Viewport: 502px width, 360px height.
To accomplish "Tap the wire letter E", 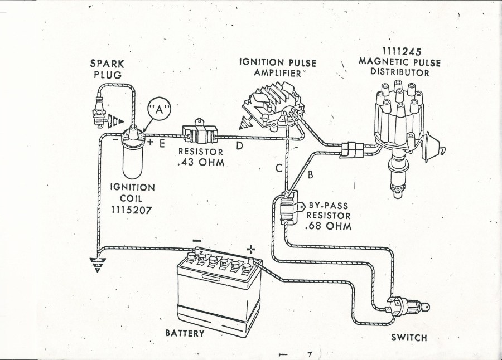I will (x=161, y=145).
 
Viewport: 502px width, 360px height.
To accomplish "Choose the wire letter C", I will (x=278, y=169).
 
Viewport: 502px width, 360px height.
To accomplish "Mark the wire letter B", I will (x=310, y=174).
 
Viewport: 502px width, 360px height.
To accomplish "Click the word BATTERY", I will (x=185, y=333).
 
